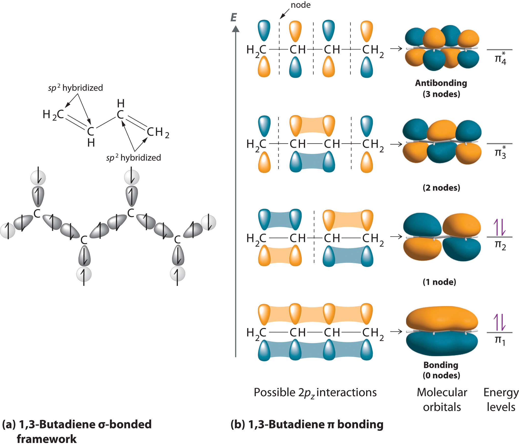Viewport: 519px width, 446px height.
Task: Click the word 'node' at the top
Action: click(300, 5)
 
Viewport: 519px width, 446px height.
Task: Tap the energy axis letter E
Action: click(234, 18)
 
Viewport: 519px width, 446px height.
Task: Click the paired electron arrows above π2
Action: click(499, 227)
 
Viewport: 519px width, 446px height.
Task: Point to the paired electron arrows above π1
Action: click(499, 322)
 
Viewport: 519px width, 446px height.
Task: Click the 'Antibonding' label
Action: click(441, 83)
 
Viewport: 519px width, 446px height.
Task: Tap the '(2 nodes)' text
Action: click(441, 188)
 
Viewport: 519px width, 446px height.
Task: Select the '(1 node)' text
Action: click(439, 282)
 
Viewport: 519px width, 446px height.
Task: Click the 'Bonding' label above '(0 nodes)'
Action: click(441, 365)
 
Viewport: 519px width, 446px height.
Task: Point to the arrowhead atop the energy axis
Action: click(235, 29)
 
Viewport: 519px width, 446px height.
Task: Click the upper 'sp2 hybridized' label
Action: click(75, 88)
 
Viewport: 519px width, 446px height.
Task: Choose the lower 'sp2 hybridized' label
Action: click(134, 158)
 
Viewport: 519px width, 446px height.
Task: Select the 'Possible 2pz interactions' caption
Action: click(315, 393)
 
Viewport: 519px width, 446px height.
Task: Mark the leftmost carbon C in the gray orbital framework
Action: click(37, 214)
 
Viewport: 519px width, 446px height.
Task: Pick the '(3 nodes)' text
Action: click(441, 94)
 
